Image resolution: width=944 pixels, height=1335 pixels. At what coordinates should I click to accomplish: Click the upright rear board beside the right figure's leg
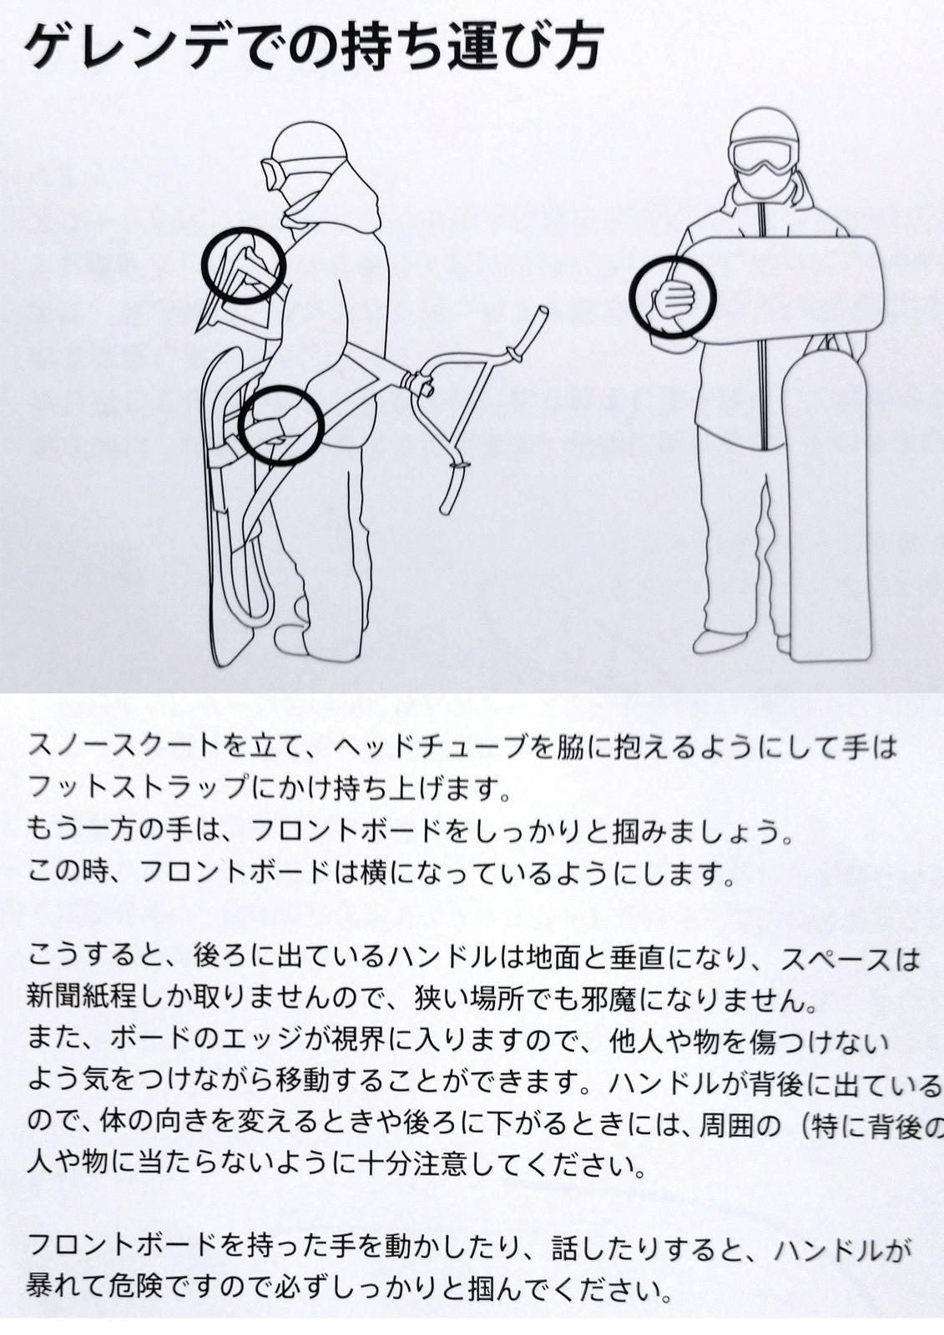[828, 506]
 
